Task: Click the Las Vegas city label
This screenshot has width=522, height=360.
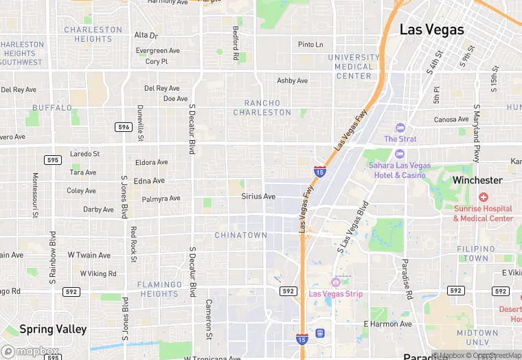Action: pos(432,30)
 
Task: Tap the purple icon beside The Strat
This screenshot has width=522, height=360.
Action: pos(400,128)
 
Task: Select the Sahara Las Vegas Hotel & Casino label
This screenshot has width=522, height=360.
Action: pos(400,170)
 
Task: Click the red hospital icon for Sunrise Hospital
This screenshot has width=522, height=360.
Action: pos(483,197)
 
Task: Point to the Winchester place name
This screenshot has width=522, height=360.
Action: pos(477,180)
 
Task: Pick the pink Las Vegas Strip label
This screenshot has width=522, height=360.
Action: pos(336,294)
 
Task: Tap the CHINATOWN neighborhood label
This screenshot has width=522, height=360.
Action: pos(240,235)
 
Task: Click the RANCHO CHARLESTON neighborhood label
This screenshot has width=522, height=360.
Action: pos(262,107)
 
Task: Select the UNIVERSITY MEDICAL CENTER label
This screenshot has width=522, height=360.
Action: pos(354,67)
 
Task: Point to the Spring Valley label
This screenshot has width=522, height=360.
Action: pos(53,329)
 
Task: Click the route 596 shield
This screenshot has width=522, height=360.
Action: pos(123,127)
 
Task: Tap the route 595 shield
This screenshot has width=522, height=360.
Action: pos(52,160)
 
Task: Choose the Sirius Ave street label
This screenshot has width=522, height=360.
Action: pos(258,196)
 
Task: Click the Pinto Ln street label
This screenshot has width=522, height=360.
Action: pos(310,45)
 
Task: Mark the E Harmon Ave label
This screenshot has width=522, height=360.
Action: pos(387,324)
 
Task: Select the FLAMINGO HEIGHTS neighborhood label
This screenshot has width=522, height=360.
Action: pos(158,289)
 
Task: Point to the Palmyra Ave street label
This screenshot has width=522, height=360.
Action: pos(161,199)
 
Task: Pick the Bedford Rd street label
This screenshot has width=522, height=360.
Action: pos(235,43)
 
